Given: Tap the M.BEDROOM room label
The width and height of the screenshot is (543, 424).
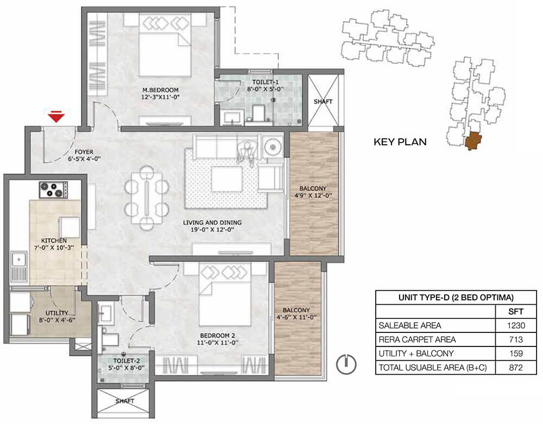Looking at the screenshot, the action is tap(160, 90).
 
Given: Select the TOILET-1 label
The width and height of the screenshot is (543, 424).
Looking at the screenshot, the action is tap(266, 82).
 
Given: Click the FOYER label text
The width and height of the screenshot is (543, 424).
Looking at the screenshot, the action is tap(84, 152).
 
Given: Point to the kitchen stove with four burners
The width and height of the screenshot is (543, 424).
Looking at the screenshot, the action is tap(53, 190).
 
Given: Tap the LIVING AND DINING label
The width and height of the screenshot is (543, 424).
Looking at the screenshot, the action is tap(212, 222).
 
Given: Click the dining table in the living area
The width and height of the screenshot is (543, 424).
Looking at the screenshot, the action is tap(147, 198).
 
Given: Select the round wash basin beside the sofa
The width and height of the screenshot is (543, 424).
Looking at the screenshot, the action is tap(273, 147).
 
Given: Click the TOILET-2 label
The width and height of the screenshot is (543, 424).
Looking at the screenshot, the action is tap(124, 361).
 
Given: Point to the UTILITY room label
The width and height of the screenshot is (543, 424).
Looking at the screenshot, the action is tap(57, 313).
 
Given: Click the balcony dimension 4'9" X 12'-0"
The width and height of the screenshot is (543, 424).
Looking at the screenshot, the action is tap(313, 195).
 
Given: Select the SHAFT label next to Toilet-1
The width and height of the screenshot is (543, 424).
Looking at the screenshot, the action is tap(323, 102).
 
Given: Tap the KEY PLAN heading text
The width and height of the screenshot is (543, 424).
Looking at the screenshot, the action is tap(400, 142).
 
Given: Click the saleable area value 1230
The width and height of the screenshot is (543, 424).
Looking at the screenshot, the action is tap(516, 325).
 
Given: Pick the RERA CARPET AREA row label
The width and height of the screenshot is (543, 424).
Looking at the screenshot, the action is tap(417, 339).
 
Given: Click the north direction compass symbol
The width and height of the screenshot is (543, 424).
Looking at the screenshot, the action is tap(346, 364).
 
